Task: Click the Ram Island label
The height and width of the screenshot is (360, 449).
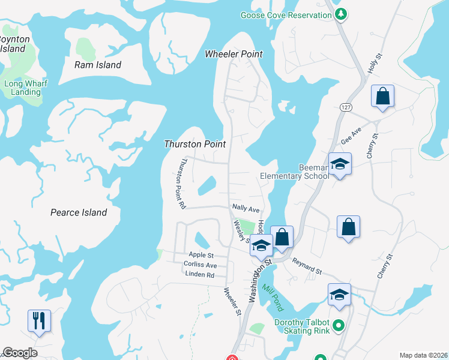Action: pyautogui.click(x=97, y=65)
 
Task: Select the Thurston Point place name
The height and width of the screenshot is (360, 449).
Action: pyautogui.click(x=195, y=144)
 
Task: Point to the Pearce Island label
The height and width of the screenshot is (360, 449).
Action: pyautogui.click(x=79, y=212)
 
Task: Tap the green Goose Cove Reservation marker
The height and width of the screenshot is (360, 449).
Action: pyautogui.click(x=341, y=14)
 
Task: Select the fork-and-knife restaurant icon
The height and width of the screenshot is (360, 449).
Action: pyautogui.click(x=39, y=320)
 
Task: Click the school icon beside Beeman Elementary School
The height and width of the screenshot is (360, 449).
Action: pyautogui.click(x=339, y=164)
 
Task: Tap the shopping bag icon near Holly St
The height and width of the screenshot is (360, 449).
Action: pyautogui.click(x=382, y=97)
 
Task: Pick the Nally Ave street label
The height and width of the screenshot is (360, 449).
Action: pyautogui.click(x=246, y=208)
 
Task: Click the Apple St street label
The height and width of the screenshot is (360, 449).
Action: pyautogui.click(x=201, y=255)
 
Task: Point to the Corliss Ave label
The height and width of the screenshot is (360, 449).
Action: pyautogui.click(x=200, y=265)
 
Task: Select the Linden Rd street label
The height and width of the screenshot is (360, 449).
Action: pyautogui.click(x=200, y=275)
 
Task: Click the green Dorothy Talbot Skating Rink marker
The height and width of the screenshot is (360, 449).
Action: pyautogui.click(x=339, y=326)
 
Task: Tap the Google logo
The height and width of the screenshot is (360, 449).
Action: pyautogui.click(x=20, y=353)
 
